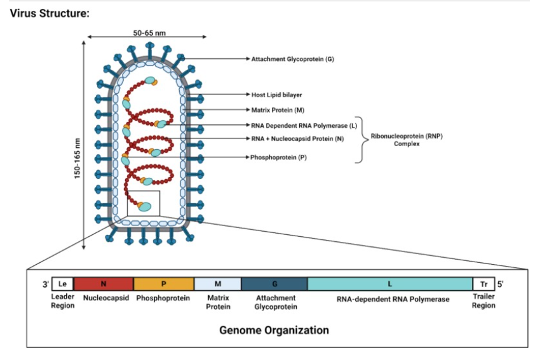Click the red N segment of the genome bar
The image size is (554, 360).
[x=104, y=284]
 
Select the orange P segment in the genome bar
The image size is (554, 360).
[x=163, y=284]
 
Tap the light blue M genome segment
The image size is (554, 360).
[x=218, y=284]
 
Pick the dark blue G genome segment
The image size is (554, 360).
[x=274, y=284]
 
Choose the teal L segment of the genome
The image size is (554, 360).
[x=390, y=284]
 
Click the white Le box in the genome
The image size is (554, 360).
[x=62, y=284]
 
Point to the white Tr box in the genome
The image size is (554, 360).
[x=483, y=284]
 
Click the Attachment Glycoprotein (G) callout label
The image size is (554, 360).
[x=292, y=59]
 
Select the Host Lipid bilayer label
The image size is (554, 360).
[x=276, y=95]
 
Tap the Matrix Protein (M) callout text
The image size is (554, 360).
[x=278, y=110]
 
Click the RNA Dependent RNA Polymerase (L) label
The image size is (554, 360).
[x=304, y=126]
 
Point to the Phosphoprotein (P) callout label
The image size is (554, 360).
[x=278, y=157]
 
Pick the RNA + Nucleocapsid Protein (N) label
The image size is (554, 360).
[x=297, y=138]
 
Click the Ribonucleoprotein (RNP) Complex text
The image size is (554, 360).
[x=407, y=140]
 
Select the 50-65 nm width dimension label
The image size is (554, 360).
[x=149, y=33]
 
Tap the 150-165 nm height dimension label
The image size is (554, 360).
[x=78, y=158]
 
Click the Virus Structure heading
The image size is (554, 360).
[x=50, y=13]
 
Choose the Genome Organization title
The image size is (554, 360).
[x=274, y=330]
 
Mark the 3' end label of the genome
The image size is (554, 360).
[x=46, y=284]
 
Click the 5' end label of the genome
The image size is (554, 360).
[x=500, y=284]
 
